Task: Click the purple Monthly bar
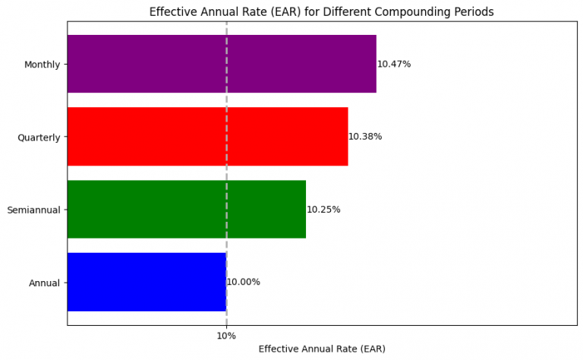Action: [x=222, y=64]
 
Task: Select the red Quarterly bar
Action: [x=207, y=137]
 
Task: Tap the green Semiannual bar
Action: [x=186, y=210]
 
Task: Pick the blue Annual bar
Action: [x=147, y=282]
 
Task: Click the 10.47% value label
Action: [x=394, y=65]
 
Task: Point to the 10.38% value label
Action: [x=365, y=137]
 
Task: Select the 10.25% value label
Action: [x=323, y=210]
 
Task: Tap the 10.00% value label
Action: [x=244, y=283]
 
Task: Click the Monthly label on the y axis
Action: [x=42, y=65]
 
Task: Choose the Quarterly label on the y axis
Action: [x=39, y=137]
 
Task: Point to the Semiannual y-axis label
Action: [x=33, y=210]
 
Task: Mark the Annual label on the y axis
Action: [x=44, y=283]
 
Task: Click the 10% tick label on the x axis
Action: [x=226, y=336]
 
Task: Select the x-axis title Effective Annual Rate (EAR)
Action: [x=322, y=349]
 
